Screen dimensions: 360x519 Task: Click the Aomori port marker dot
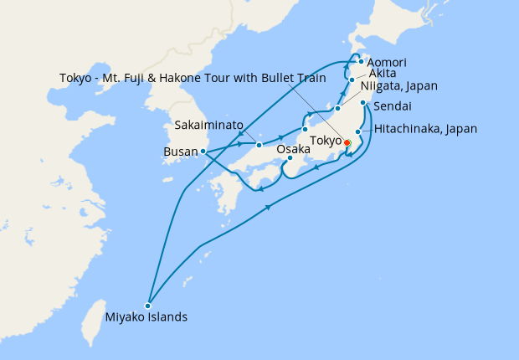pos(360,62)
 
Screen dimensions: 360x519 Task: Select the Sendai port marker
pos(364,103)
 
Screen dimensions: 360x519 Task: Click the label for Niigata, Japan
pos(398,85)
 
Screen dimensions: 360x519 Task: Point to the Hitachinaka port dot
pos(357,131)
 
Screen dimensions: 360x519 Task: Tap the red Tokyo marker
pos(347,142)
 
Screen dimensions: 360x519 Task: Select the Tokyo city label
pos(325,140)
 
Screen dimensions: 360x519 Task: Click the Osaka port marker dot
pos(289,158)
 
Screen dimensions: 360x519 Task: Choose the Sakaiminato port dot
pos(259,145)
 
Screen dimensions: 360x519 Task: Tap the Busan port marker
pos(203,152)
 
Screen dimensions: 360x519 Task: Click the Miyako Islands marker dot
pos(147,305)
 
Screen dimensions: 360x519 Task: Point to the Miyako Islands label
pos(146,318)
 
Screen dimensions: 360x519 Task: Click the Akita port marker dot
pos(352,80)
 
